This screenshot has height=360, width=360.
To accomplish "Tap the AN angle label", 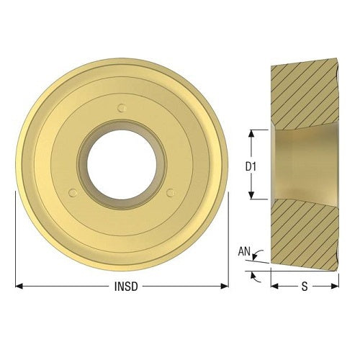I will point(243,253).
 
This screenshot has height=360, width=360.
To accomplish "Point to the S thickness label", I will point(304,286).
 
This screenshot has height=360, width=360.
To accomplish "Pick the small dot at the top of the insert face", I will point(122,108).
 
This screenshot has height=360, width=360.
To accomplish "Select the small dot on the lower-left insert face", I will point(72,192).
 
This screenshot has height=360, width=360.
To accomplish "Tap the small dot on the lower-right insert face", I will point(171,192).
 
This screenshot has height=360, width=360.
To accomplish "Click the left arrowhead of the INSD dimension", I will point(19,286).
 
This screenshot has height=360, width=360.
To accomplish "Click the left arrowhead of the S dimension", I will point(274,286).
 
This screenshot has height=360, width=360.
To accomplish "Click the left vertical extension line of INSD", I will point(15,238).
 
